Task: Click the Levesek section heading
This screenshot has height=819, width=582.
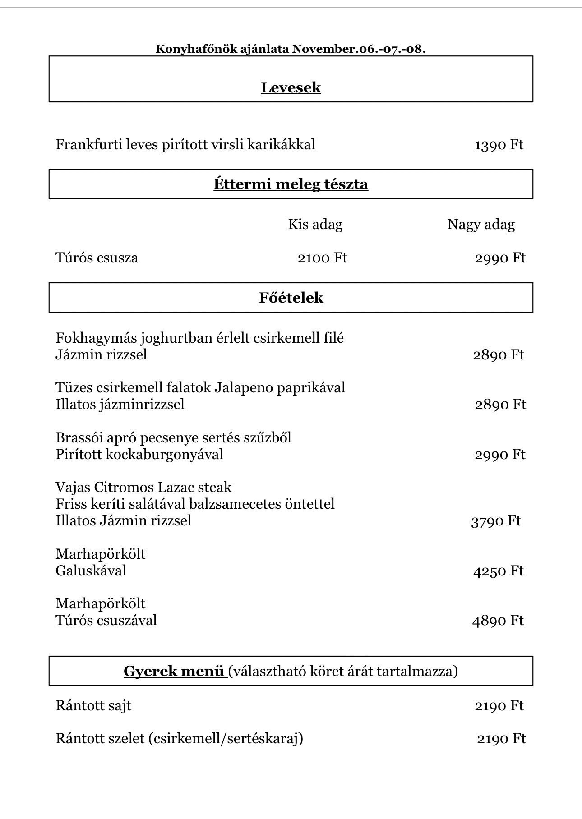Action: (291, 87)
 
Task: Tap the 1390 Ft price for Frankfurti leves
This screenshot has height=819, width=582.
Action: (499, 145)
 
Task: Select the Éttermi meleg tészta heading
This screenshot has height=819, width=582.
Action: (291, 184)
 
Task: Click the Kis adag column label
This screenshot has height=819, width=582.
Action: (315, 225)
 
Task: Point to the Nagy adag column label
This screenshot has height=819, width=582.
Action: (480, 225)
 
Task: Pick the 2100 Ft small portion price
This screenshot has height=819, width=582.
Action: (322, 258)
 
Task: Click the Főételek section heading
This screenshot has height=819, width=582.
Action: (291, 298)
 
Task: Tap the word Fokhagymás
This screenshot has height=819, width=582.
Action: (96, 338)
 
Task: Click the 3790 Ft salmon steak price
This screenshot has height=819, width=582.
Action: (495, 521)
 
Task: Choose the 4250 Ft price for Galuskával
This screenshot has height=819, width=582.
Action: (498, 571)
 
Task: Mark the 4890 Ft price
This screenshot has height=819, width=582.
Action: (498, 621)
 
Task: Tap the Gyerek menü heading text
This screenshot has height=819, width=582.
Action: (174, 672)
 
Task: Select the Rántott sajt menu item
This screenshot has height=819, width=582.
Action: (93, 706)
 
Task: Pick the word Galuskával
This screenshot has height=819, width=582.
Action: (91, 571)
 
